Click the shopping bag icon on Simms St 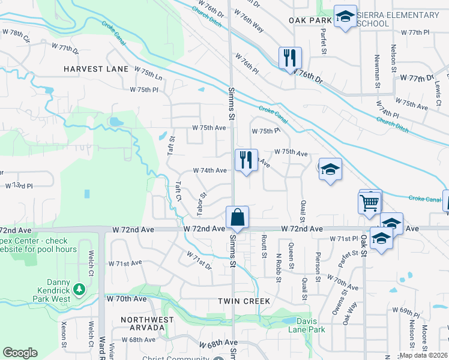pyautogui.click(x=238, y=217)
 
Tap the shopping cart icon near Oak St pyautogui.click(x=370, y=202)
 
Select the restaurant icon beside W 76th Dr pyautogui.click(x=290, y=58)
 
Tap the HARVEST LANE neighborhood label pyautogui.click(x=97, y=69)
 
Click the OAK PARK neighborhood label pyautogui.click(x=310, y=20)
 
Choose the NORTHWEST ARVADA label pyautogui.click(x=143, y=323)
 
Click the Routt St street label pyautogui.click(x=264, y=246)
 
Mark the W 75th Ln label pyautogui.click(x=151, y=77)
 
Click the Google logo pyautogui.click(x=20, y=352)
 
